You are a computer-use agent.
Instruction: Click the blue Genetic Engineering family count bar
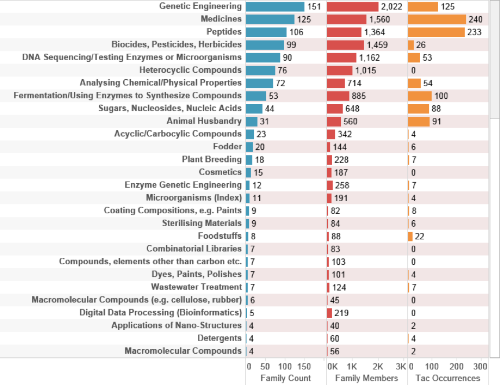[275, 6]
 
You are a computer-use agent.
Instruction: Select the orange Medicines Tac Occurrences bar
[437, 19]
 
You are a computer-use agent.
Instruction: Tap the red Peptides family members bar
[344, 32]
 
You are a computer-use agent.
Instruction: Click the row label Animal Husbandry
[204, 121]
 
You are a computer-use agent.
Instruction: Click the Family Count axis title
[278, 378]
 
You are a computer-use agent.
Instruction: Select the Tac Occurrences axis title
[444, 378]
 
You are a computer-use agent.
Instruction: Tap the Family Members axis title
[363, 378]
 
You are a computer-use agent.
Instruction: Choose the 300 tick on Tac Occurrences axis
[480, 367]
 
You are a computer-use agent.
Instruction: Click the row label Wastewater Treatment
[196, 287]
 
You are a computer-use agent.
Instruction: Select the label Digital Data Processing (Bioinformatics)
[160, 313]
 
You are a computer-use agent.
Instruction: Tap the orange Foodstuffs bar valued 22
[410, 236]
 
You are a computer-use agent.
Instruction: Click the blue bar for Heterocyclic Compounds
[260, 71]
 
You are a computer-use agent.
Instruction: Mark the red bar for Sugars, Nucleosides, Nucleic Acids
[335, 109]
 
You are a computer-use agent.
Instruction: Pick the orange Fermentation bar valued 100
[420, 96]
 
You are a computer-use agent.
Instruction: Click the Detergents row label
[219, 338]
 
